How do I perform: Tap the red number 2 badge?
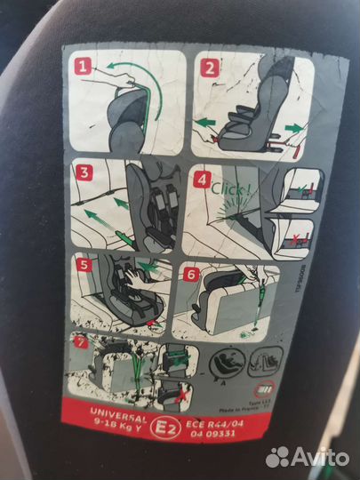coord(210,68)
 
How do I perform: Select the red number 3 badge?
coord(84,173)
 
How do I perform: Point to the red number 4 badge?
coord(202,178)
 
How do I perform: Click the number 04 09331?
coord(211,425)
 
